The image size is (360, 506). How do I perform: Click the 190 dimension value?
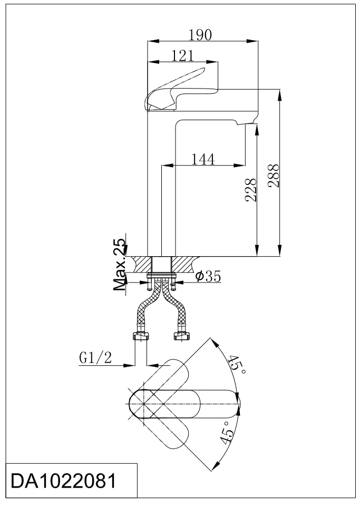pyautogui.click(x=200, y=35)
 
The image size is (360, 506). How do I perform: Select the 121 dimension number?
pyautogui.click(x=182, y=56)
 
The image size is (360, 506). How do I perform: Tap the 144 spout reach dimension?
pyautogui.click(x=203, y=159)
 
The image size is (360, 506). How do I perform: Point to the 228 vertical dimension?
pyautogui.click(x=251, y=190)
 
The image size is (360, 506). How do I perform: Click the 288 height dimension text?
pyautogui.click(x=273, y=176)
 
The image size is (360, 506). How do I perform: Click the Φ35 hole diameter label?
pyautogui.click(x=208, y=277)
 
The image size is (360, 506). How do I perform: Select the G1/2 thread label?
pyautogui.click(x=95, y=358)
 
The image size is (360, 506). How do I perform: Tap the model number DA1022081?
pyautogui.click(x=63, y=481)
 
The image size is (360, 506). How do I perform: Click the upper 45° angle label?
pyautogui.click(x=237, y=365)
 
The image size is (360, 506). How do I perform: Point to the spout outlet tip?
pyautogui.click(x=248, y=123)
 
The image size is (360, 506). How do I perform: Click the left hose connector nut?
pyautogui.click(x=141, y=336)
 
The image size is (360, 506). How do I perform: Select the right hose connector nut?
pyautogui.click(x=182, y=336)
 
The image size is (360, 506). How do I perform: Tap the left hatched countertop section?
pyautogui.click(x=142, y=264)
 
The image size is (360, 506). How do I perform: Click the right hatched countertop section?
pyautogui.click(x=184, y=264)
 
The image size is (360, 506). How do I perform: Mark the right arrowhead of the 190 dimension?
pyautogui.click(x=252, y=41)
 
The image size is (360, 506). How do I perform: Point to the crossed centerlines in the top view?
pyautogui.click(x=143, y=404)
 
